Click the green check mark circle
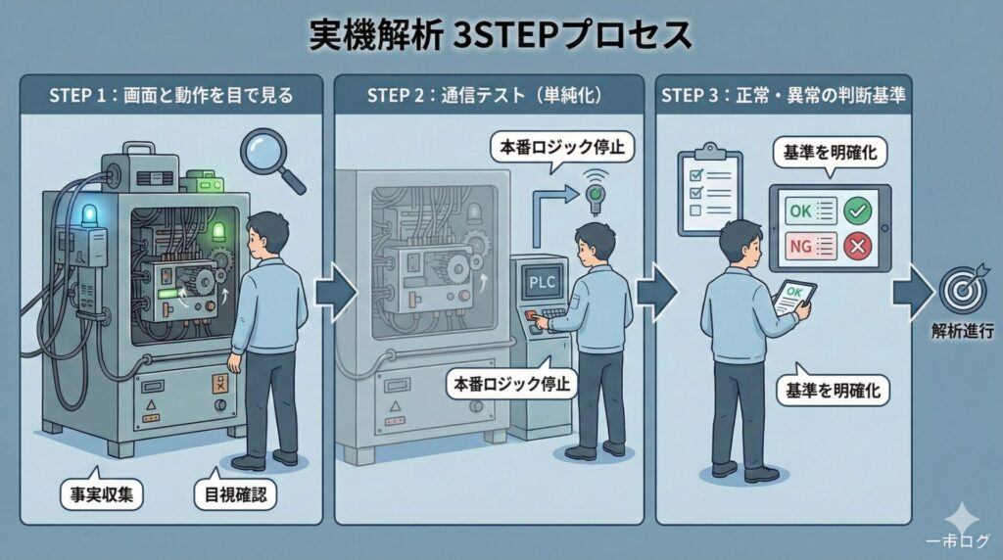(858, 210)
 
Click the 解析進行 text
(962, 332)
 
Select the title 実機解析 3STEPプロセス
(501, 35)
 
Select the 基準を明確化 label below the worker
(833, 391)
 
